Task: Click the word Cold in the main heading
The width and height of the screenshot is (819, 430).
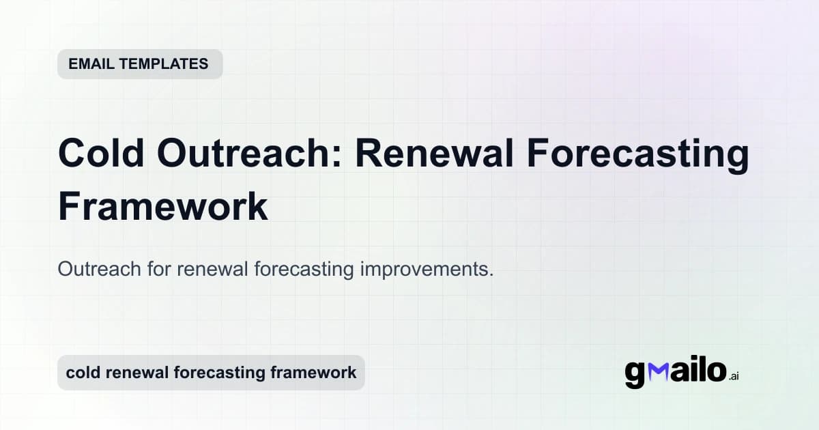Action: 102,154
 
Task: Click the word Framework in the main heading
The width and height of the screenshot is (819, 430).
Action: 162,206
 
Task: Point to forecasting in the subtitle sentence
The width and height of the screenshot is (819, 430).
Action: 303,269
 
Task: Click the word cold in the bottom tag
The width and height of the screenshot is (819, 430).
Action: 81,373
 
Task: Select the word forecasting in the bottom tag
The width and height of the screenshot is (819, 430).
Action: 218,373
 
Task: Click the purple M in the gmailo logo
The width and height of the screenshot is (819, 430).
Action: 658,372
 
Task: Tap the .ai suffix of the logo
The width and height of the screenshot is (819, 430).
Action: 734,377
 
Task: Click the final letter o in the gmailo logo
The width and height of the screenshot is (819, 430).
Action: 715,372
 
